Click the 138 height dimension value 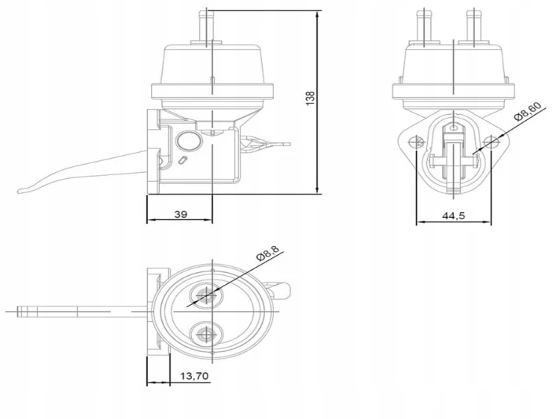(311, 98)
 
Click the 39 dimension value (181, 214)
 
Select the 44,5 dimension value (453, 215)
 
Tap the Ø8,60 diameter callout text (527, 112)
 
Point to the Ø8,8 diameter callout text (267, 253)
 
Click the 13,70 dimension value (194, 376)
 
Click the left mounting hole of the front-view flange (417, 142)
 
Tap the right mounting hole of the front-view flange (491, 142)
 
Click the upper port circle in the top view (206, 295)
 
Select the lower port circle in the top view (206, 334)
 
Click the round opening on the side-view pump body (188, 140)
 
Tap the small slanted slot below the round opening (182, 160)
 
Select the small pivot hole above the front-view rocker (453, 127)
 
